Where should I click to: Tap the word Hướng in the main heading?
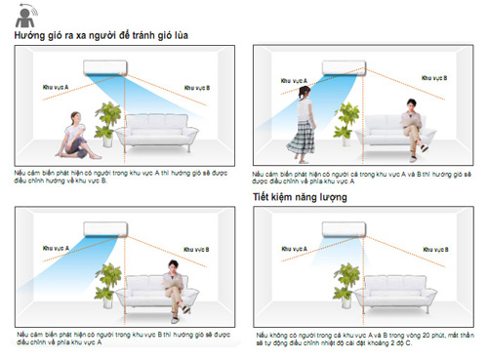tap(30, 36)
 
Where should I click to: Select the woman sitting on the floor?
tap(73, 137)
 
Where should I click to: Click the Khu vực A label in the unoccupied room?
tap(293, 249)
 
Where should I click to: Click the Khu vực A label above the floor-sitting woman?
tap(57, 89)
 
